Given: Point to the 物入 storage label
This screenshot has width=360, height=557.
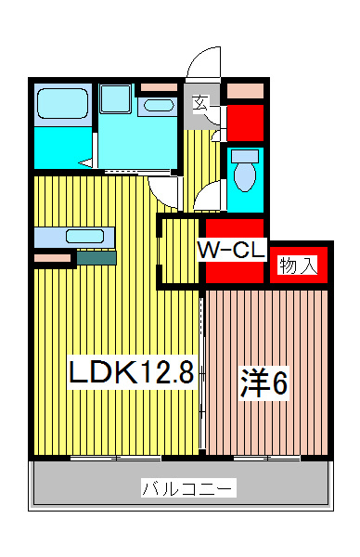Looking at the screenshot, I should [297, 266].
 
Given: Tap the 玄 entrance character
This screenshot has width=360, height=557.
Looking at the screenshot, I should [200, 103].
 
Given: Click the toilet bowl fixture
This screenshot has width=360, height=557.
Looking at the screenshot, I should [246, 171].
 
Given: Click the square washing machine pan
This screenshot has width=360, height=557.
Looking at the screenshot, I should [117, 98].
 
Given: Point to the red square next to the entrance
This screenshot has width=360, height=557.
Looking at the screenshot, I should [246, 123].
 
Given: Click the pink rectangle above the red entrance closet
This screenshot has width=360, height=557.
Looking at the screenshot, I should [246, 91].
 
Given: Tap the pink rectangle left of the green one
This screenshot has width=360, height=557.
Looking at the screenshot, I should [53, 257].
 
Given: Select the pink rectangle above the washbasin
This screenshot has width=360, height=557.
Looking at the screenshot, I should [158, 88].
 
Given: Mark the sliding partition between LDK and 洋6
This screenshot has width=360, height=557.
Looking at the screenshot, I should [202, 371].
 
